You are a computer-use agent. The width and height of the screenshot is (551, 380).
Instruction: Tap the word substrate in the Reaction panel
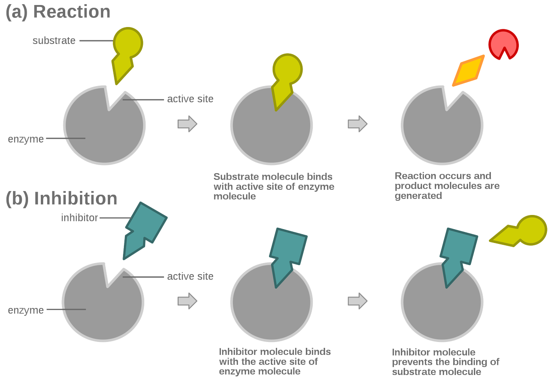pos(54,40)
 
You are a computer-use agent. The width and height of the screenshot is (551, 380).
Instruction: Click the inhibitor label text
pos(79,218)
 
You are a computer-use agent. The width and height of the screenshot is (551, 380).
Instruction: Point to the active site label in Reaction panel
pos(190,99)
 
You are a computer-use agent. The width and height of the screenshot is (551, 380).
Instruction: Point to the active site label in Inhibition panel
pos(190,276)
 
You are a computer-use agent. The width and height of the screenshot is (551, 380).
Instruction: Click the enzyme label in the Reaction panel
pos(26,139)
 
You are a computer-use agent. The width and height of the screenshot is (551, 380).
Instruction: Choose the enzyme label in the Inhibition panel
pos(26,310)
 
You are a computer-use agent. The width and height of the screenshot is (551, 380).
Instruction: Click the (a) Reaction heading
pos(58,11)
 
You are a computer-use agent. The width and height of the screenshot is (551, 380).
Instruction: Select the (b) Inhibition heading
pos(62,198)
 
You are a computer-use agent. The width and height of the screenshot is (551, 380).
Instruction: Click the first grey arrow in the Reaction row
pos(187,124)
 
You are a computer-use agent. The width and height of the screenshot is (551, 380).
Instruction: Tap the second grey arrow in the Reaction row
pos(358,124)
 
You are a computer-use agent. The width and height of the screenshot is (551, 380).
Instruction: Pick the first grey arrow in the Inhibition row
pos(187,301)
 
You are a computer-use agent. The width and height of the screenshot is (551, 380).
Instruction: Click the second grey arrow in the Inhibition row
pos(358,301)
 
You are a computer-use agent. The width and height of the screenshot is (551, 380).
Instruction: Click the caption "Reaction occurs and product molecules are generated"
pos(447,186)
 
